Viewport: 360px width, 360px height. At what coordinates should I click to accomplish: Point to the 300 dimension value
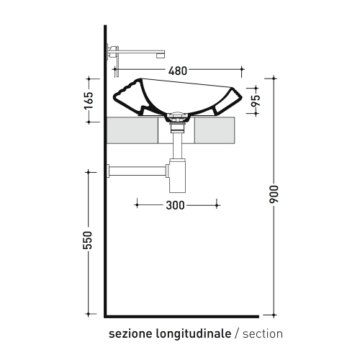coord(176,205)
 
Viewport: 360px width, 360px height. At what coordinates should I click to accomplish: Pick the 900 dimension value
coord(273,194)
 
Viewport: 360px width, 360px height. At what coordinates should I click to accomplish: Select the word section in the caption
coord(264,334)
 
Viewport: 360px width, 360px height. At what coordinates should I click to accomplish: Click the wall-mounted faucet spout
coord(140,52)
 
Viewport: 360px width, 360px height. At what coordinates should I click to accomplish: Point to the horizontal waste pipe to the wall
coord(137,171)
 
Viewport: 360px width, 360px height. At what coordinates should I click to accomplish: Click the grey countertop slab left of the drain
coord(132,130)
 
